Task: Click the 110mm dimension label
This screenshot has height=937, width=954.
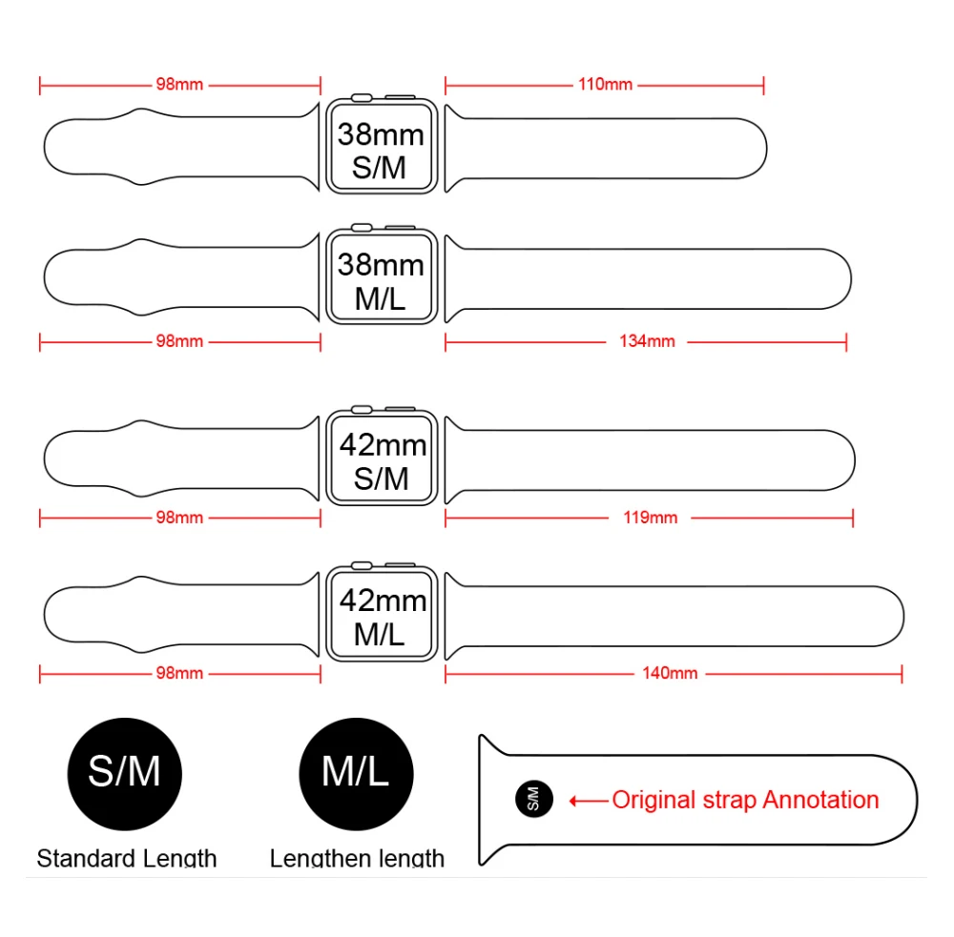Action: pos(605,85)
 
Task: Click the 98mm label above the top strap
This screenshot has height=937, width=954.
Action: pos(179,85)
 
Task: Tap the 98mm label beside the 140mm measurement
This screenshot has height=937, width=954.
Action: pos(179,673)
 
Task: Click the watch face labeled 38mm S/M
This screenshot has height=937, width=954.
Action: pos(381,149)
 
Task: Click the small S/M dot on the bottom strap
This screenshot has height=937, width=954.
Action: pos(533,799)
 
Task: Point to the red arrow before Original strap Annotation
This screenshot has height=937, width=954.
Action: pos(589,801)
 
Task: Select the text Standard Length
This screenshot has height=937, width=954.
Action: pos(127,859)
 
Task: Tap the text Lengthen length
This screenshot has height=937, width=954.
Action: pos(357,859)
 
